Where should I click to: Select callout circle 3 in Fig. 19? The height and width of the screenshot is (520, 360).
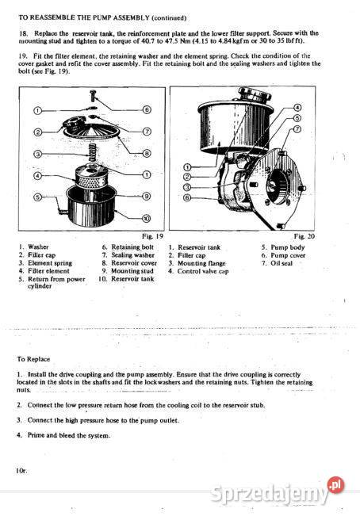(x=37, y=153)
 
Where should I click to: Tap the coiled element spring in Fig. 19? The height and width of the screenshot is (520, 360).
(x=92, y=151)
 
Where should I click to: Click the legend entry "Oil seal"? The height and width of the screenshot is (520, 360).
(x=288, y=263)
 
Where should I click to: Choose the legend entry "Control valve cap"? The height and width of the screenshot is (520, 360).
(x=204, y=271)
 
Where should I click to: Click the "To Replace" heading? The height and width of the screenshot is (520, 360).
(x=38, y=358)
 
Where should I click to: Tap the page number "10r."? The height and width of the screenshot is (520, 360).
(x=21, y=470)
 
